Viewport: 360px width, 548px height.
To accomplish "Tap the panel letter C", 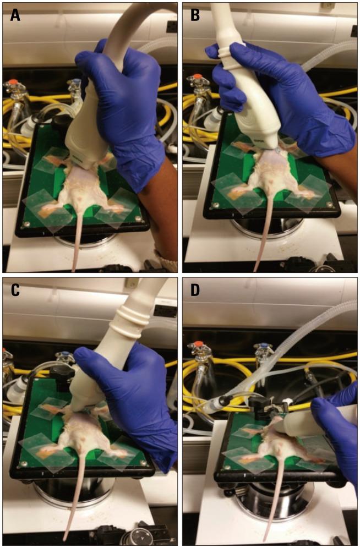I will (x=16, y=291).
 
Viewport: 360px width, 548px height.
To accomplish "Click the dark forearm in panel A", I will (x=160, y=220).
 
